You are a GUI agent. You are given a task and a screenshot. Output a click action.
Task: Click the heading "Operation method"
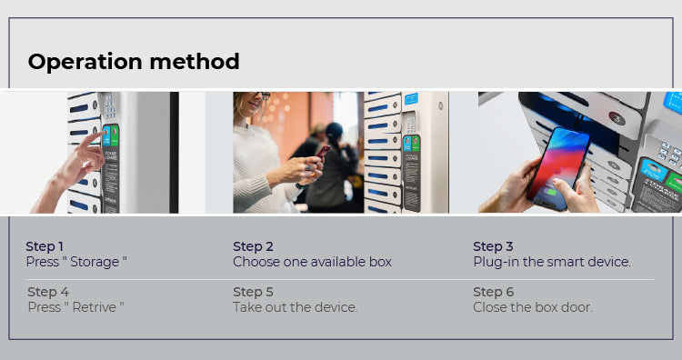coord(134,62)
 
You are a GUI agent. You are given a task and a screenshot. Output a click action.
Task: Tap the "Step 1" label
coord(45,246)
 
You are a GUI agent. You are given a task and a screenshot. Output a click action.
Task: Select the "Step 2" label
coord(253,246)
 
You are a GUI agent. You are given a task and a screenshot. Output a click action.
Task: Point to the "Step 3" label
coord(493,246)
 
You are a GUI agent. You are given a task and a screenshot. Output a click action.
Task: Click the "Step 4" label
coord(48,292)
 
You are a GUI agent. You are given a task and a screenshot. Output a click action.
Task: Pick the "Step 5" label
coord(253,292)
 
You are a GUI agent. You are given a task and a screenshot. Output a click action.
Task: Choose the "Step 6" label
coord(493,292)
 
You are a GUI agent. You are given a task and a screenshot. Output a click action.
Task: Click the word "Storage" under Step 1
coord(95,262)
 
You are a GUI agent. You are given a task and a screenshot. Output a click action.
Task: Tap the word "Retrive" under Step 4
coord(94,307)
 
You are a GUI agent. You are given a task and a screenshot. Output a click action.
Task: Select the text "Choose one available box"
coord(312,262)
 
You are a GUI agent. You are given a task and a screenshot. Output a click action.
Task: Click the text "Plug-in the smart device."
coord(552,262)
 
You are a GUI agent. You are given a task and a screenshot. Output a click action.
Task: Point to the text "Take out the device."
coord(296,307)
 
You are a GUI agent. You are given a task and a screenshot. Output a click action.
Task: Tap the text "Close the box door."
coord(533,307)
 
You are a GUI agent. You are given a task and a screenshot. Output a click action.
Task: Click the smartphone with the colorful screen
coord(558,169)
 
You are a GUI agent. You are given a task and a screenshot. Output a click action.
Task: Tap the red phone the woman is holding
coord(323,151)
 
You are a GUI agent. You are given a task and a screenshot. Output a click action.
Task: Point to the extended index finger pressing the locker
coord(93,140)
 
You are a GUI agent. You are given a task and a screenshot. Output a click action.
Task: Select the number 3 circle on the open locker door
coord(617,118)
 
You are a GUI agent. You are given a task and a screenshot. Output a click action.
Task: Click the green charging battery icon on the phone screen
coord(551,191)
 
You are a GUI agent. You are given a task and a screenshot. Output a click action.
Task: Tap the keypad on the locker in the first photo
coord(109,105)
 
